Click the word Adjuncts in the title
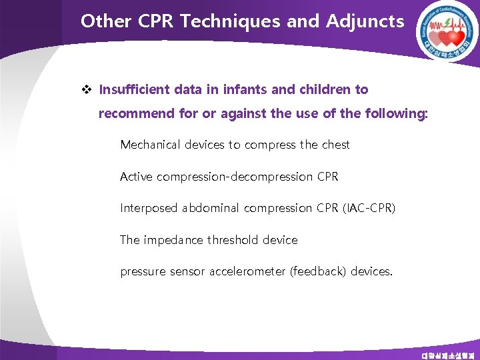365,22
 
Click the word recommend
137,114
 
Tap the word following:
397,114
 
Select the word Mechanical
151,145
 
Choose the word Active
135,177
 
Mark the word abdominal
212,208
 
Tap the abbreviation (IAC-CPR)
369,208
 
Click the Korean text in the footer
447,355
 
